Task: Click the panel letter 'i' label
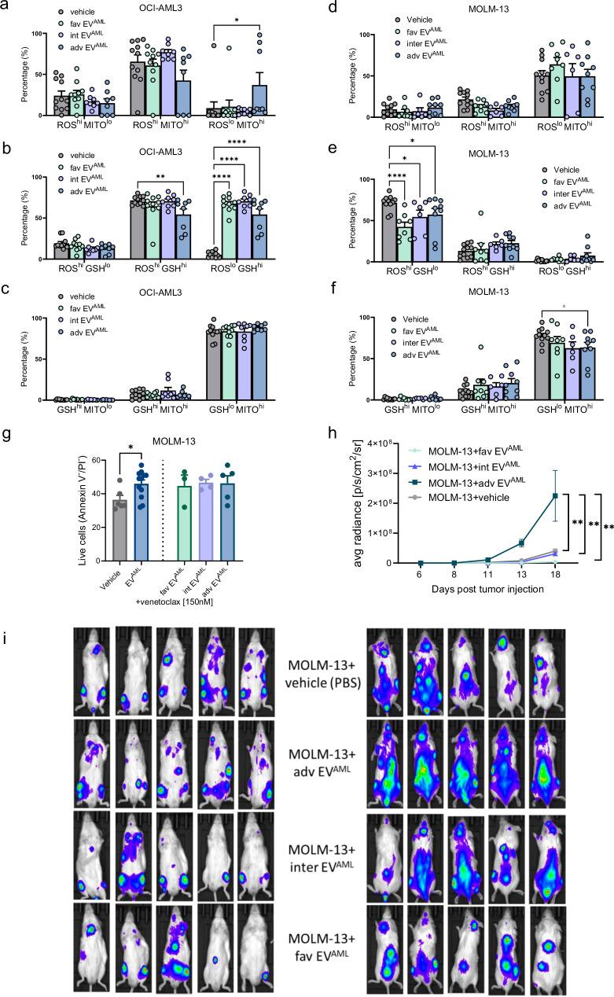[x=6, y=634]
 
